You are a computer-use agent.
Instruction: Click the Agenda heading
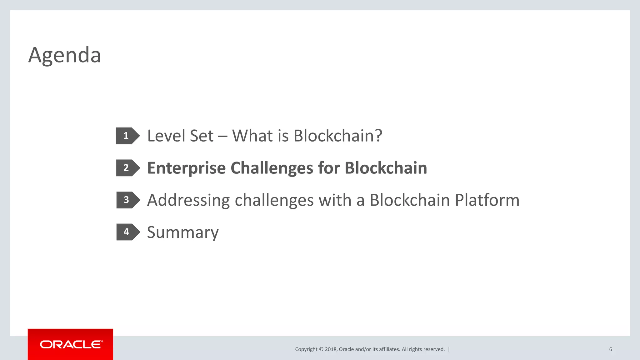click(64, 55)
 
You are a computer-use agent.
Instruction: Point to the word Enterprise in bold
click(186, 168)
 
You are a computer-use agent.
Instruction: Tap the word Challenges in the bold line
click(272, 168)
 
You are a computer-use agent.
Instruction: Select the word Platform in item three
click(487, 200)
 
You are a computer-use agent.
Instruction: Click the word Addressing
click(188, 200)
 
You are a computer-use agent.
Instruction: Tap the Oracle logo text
click(71, 344)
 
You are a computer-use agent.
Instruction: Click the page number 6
click(610, 349)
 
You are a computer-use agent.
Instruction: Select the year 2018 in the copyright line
click(330, 349)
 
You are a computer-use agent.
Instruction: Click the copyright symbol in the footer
click(321, 349)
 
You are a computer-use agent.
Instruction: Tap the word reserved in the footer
click(434, 349)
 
